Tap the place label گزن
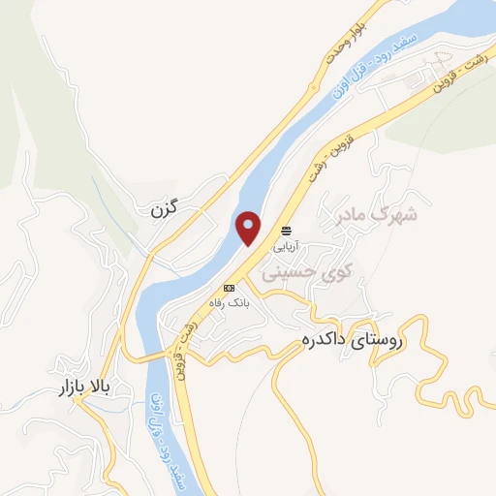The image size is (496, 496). tap(168, 208)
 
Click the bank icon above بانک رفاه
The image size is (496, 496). tap(230, 288)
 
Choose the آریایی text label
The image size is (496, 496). tap(287, 246)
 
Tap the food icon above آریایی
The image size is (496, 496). tap(286, 232)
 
